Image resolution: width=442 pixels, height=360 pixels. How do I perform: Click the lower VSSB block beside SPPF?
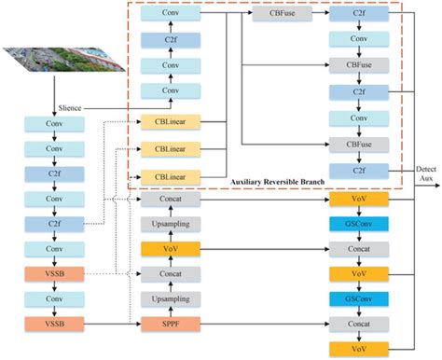coord(53,324)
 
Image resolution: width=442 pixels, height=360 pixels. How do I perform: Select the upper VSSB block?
coord(53,274)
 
